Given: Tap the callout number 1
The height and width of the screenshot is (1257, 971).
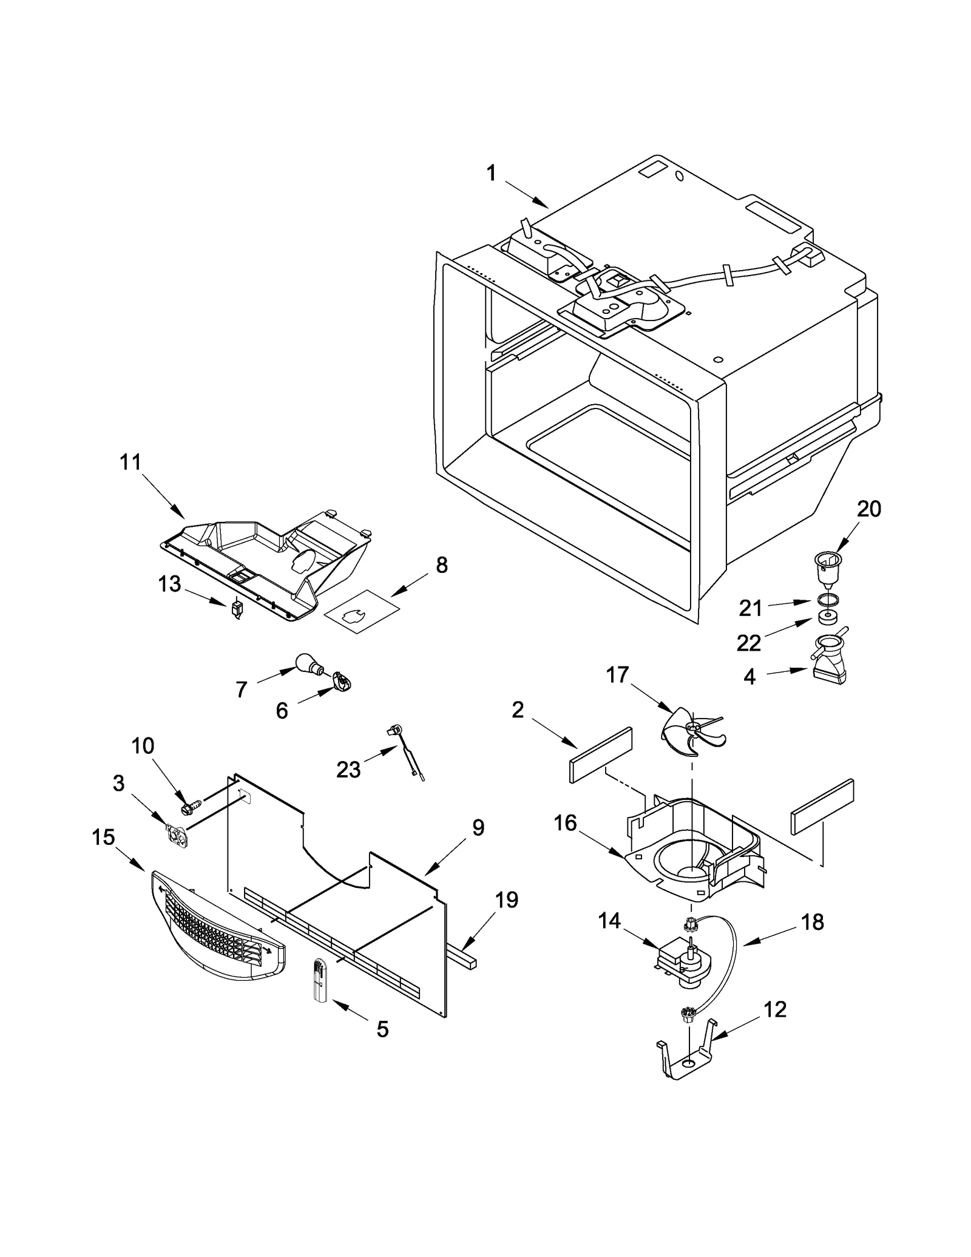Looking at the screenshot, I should (491, 174).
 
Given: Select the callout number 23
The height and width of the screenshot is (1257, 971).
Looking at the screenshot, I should (348, 770).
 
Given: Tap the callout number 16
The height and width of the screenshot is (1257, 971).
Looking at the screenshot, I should (565, 824).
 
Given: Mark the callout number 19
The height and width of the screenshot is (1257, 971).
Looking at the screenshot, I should (506, 900).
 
